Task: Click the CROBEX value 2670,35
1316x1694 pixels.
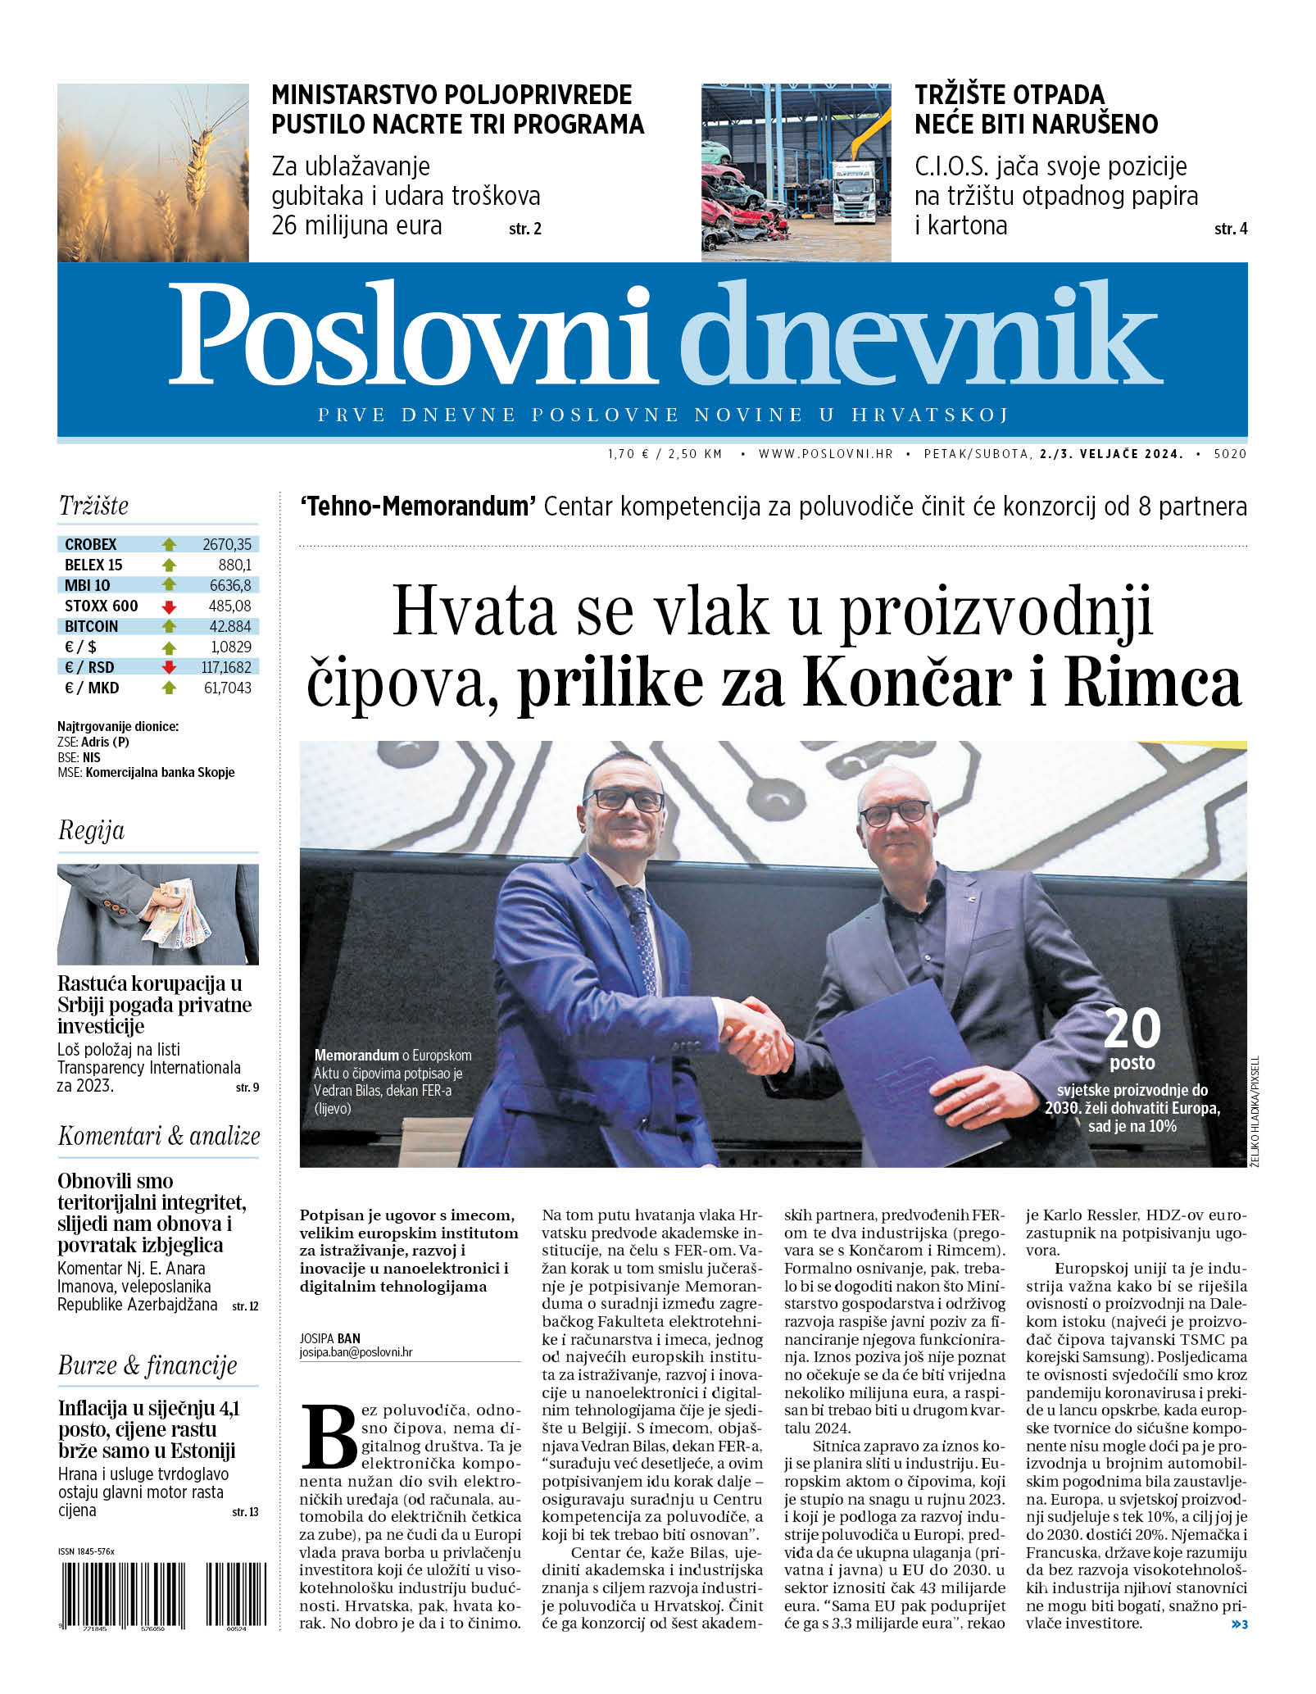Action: click(x=227, y=544)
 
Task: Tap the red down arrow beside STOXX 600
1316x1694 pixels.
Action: click(x=169, y=606)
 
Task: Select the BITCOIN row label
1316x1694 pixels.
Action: click(x=91, y=627)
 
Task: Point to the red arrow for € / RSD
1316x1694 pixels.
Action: click(x=169, y=667)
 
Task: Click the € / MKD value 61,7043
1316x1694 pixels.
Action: click(x=227, y=688)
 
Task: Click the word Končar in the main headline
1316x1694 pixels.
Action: click(x=906, y=683)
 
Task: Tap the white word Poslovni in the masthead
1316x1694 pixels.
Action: click(x=414, y=334)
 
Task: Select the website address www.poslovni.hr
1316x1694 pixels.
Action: click(x=825, y=453)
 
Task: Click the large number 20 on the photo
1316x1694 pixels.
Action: click(x=1132, y=1029)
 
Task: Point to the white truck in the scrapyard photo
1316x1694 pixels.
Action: click(x=855, y=189)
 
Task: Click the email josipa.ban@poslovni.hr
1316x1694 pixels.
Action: click(x=356, y=1352)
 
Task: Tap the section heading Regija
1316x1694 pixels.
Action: click(x=91, y=830)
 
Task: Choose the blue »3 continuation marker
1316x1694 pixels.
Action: click(x=1238, y=1624)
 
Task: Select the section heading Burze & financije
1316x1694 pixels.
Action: click(x=147, y=1365)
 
